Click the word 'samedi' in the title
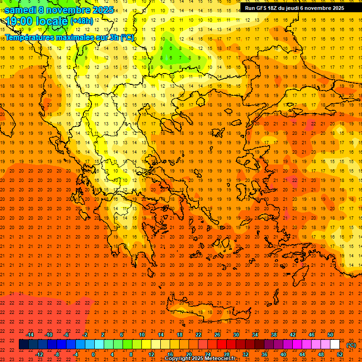20,10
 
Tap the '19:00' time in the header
19,21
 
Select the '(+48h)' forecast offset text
82,21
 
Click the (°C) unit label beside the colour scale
351,345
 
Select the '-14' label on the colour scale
30,335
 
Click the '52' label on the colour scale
340,354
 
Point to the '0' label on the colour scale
93,354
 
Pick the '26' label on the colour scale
217,335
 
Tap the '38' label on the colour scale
273,335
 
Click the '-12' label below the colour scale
40,354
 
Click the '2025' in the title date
102,10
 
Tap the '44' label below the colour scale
302,354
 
